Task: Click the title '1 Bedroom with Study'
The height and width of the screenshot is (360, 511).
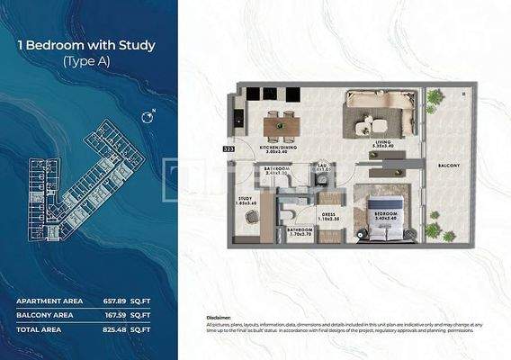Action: pos(87,44)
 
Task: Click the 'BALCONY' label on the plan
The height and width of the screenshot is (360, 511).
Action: pos(449,166)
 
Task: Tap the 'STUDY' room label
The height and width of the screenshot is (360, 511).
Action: pos(245,200)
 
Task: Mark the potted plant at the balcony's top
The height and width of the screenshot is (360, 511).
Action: pos(435,97)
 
